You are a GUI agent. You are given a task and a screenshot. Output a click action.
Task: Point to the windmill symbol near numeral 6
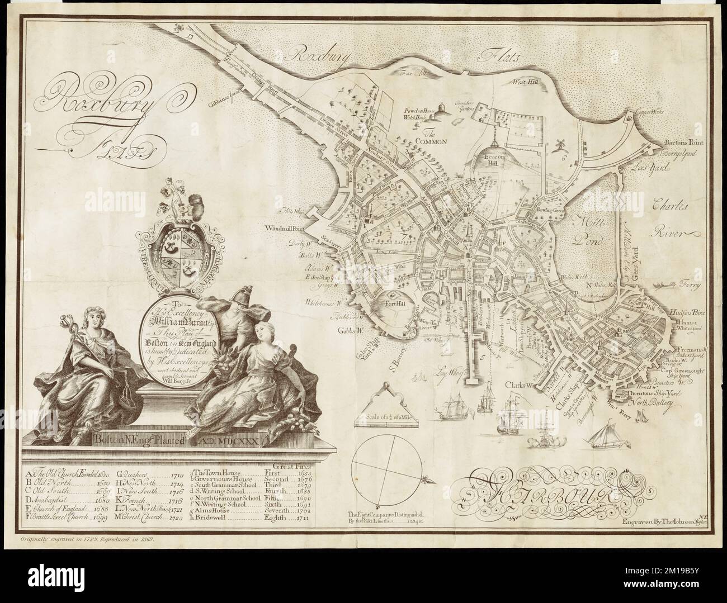[x=557, y=143]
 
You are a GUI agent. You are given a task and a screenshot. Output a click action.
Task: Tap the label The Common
[x=432, y=138]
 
